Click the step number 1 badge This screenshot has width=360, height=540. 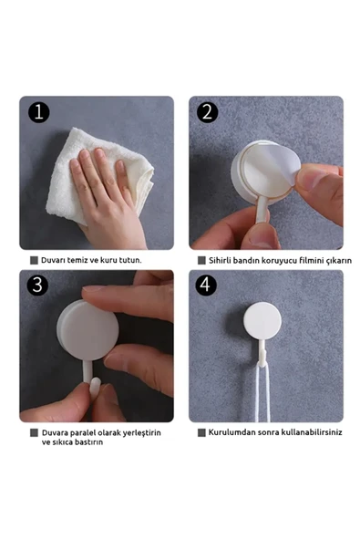(39, 112)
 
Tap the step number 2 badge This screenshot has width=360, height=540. (207, 112)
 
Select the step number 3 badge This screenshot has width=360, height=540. (37, 286)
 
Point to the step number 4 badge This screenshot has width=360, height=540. (206, 286)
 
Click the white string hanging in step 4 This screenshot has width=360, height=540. (262, 392)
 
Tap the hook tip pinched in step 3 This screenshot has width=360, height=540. (95, 388)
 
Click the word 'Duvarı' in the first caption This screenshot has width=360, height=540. (53, 260)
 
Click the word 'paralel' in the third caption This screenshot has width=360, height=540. (82, 433)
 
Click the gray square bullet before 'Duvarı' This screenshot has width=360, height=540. (34, 260)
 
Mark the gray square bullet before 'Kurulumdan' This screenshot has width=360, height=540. (201, 432)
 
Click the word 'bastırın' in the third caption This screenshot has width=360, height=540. (88, 442)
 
